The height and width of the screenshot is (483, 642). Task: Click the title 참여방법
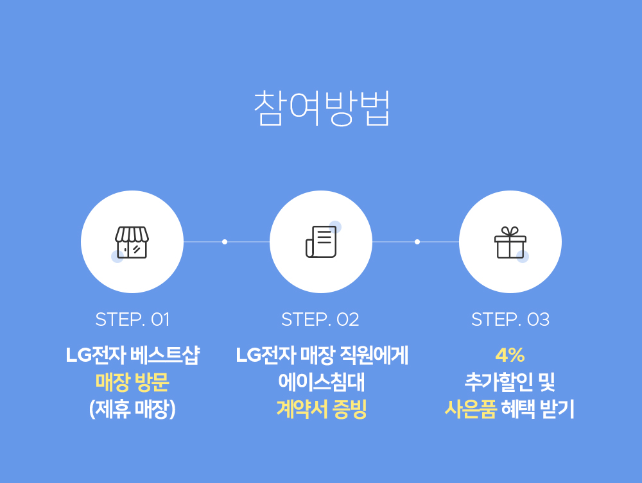tap(322, 108)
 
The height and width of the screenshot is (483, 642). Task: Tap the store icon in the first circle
tap(132, 242)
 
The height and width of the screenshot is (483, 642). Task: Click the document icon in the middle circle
tap(322, 242)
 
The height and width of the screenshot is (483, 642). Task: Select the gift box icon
tap(510, 242)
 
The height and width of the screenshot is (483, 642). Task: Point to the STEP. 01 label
tap(132, 319)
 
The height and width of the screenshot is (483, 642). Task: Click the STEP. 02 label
tap(320, 319)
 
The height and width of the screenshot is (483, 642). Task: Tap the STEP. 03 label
tap(510, 319)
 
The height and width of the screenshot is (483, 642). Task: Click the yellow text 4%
tap(510, 355)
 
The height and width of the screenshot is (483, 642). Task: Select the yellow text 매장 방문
tap(132, 382)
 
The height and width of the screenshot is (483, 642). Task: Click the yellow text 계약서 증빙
tap(322, 409)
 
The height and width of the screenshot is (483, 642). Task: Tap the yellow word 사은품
tap(471, 409)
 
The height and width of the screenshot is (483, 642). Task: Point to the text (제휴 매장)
tap(132, 409)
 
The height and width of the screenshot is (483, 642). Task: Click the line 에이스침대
tap(322, 382)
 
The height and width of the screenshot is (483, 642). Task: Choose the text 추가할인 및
tap(510, 382)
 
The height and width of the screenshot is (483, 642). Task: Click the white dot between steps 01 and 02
tap(224, 242)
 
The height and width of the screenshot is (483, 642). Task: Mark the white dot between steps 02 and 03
tap(417, 242)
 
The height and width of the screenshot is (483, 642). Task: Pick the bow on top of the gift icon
tap(510, 231)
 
